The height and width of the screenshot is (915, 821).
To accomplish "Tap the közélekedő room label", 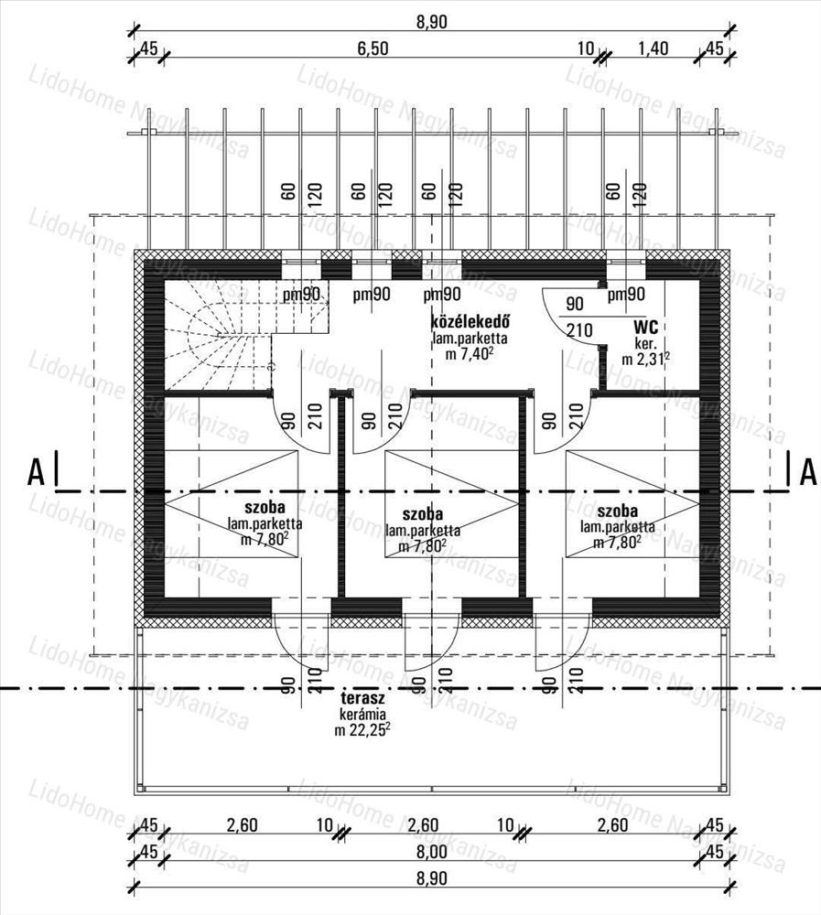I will pos(470,322).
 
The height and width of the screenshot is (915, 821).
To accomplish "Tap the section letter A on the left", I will pos(36,471).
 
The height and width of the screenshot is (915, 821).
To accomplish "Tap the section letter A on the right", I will pos(807,471).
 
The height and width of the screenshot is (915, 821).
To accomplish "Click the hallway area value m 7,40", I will pos(470,354).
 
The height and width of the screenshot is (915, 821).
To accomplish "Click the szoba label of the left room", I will pos(265,508).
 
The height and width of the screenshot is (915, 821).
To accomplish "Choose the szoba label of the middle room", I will pos(422,513).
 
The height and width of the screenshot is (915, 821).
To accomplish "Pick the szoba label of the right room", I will pos(617,511).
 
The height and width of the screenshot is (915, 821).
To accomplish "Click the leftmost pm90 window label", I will pos(301,295).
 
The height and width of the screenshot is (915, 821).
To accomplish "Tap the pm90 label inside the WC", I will pos(626,295).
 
